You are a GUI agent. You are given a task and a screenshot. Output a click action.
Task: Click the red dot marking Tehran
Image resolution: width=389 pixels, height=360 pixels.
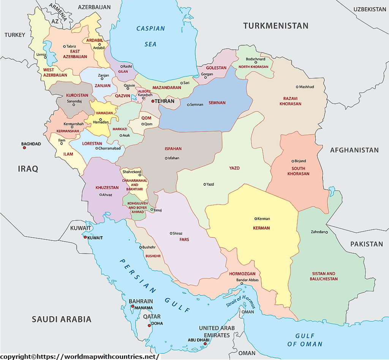coord(153,101)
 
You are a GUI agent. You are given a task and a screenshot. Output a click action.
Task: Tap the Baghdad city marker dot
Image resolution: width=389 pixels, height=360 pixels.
coord(24,148)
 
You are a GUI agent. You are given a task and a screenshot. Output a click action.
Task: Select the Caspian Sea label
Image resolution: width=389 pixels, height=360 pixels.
coord(150,36)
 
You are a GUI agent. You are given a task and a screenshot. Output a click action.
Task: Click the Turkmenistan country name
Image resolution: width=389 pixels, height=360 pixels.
coord(276,26)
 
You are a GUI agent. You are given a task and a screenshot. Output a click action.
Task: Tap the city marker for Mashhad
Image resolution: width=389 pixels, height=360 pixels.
coord(297,87)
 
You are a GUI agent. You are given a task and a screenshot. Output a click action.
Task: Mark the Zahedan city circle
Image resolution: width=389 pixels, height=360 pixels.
coord(326,232)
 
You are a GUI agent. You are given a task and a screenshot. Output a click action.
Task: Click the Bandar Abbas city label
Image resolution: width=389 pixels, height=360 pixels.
coord(247,280)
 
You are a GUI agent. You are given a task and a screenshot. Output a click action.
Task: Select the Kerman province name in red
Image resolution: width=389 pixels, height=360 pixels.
coord(261,228)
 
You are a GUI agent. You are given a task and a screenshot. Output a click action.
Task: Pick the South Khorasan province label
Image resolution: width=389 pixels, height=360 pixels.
coord(300,171)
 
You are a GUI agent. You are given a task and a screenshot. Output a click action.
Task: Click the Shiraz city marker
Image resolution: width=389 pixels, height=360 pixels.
coord(171,233)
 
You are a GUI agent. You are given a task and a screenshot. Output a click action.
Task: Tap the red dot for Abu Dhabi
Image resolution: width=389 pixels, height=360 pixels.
coord(205,344)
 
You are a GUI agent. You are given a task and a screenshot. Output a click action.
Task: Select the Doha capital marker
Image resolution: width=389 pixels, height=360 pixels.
coord(149,325)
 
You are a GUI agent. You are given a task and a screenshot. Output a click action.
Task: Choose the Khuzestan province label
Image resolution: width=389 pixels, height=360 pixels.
coord(107,188)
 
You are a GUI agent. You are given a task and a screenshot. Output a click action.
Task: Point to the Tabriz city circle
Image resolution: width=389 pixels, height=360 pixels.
coord(64,46)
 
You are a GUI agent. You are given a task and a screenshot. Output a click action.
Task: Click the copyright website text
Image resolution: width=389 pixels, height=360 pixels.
coord(80,357)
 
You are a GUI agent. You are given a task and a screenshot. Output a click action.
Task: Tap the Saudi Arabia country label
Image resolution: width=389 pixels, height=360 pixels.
coord(62,319)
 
